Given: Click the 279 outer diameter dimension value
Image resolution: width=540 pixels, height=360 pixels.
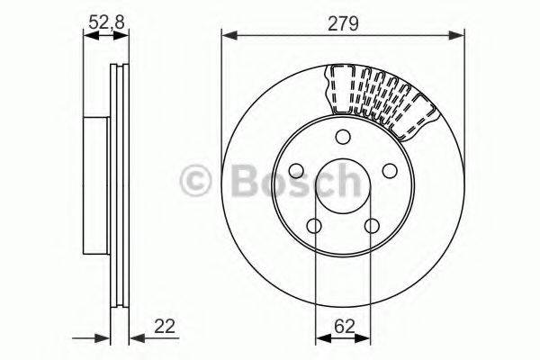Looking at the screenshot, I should (344, 23).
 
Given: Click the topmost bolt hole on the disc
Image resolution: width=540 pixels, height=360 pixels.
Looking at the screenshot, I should (343, 137).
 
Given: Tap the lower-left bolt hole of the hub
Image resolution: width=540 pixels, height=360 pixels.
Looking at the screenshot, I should (314, 226).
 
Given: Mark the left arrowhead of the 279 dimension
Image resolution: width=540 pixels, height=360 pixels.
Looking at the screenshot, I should (227, 36).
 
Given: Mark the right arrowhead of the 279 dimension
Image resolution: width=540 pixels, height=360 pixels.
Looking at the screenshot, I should (460, 36).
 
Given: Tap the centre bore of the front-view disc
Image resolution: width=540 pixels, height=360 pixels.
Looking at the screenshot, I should (343, 184).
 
